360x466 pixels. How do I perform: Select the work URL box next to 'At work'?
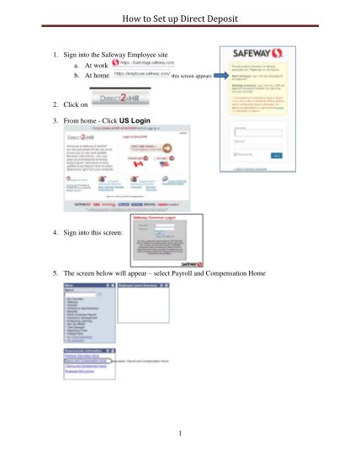pos(143,62)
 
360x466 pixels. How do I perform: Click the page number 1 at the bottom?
pos(180,433)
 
